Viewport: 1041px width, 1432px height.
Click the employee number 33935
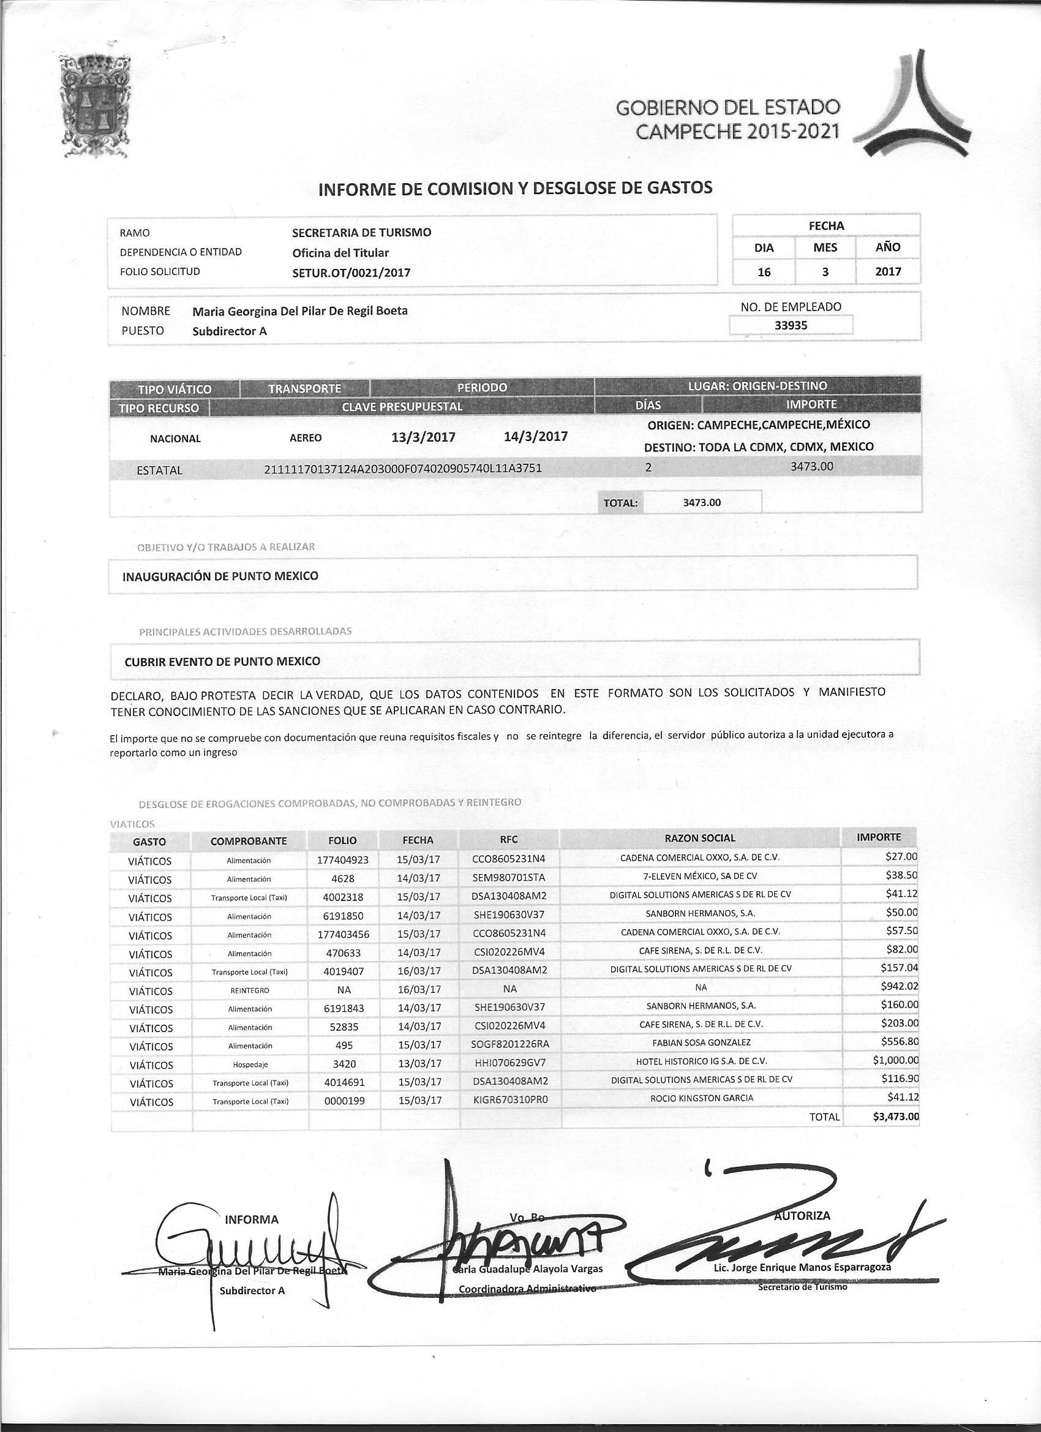coord(791,325)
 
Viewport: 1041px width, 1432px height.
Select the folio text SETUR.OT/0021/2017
coord(351,273)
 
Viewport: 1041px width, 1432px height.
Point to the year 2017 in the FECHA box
coord(887,272)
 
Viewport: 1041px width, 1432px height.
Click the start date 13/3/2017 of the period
coord(423,437)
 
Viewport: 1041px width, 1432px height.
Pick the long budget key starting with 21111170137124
coord(404,469)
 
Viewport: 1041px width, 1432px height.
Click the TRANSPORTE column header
coord(304,388)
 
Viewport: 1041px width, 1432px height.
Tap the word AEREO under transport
coord(306,437)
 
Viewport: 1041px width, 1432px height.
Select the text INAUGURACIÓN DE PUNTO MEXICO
coord(220,576)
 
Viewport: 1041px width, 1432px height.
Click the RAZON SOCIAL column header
coord(700,838)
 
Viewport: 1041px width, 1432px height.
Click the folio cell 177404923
coord(343,860)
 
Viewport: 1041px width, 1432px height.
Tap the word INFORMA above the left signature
coord(252,1220)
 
